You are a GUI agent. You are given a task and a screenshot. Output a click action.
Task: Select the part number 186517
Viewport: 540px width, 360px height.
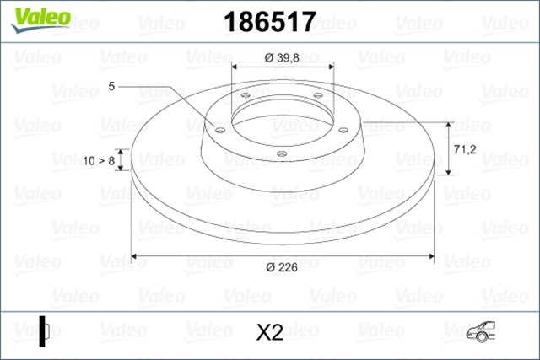(x=268, y=22)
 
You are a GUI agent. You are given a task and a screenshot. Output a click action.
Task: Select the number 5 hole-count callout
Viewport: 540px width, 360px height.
(x=111, y=86)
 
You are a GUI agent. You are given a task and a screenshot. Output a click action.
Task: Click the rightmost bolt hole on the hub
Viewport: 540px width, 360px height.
(x=343, y=129)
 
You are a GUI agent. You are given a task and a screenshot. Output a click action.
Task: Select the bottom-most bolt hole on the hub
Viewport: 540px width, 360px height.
(x=282, y=153)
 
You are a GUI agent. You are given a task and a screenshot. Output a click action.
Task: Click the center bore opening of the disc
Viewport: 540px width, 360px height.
(x=282, y=118)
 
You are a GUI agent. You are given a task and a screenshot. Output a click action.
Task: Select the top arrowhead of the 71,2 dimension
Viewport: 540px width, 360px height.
(x=447, y=121)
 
